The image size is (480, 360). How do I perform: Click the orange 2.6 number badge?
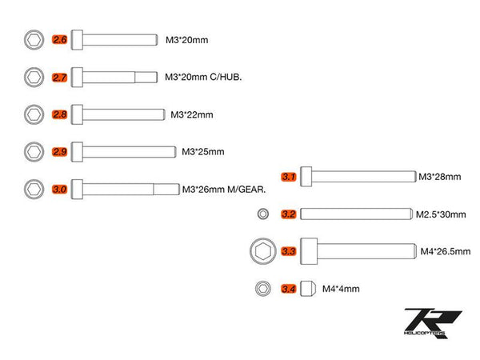59,39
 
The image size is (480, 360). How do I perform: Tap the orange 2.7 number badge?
59,78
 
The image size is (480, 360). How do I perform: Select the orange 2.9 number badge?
59,151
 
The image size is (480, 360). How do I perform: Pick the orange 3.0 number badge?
59,190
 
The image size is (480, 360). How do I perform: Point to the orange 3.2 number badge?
289,214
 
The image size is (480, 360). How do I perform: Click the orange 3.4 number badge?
289,289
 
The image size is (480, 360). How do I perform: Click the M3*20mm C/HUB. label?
203,78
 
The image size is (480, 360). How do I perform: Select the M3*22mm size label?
191,114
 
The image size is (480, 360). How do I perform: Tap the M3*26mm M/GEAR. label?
223,190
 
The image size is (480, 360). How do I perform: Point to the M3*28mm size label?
438,177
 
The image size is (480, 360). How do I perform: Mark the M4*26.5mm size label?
445,252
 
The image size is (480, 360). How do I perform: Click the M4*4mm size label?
341,289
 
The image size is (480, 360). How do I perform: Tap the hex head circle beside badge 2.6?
34,39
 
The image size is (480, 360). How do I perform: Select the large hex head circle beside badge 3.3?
262,251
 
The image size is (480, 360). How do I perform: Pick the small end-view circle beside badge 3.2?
262,214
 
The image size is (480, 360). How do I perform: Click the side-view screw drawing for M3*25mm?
123,151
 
